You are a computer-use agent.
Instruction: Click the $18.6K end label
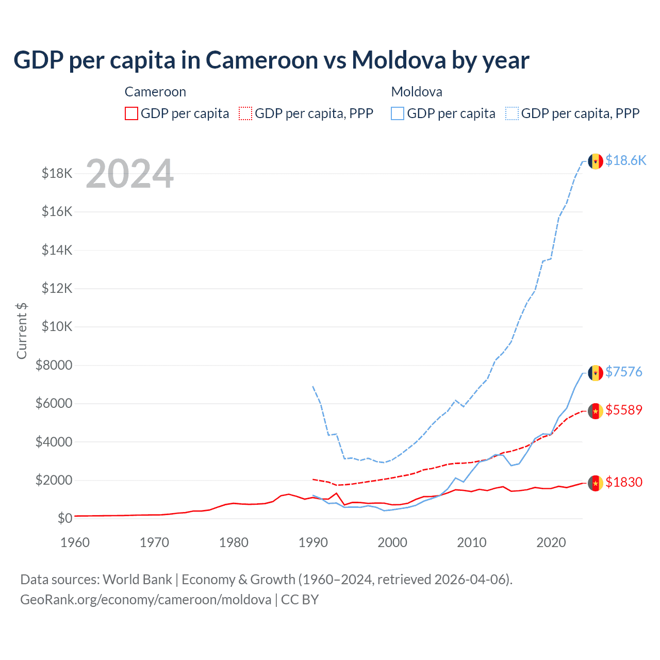coord(625,160)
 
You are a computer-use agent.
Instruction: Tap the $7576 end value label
coord(624,372)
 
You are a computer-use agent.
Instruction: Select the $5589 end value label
coord(624,410)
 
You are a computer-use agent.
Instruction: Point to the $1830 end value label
coord(624,482)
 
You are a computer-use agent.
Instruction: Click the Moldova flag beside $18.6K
coord(596,161)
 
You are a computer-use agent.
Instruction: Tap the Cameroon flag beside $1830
coord(596,483)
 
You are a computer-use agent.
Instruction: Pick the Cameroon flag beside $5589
coord(596,411)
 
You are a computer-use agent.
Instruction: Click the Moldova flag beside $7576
coord(596,373)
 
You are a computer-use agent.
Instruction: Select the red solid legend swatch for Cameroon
coord(131,113)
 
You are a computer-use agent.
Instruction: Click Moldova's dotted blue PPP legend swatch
coord(512,113)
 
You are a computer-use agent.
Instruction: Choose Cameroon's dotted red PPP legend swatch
coord(245,113)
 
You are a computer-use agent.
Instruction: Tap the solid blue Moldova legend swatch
coord(398,113)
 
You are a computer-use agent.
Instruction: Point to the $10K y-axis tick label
coord(57,327)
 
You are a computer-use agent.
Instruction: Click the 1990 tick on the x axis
coord(313,542)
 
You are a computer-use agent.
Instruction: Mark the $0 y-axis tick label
coord(65,518)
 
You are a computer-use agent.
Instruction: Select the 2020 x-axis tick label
coord(551,542)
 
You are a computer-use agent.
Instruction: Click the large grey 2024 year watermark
coord(129,174)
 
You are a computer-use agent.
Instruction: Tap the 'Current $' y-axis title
coord(22,331)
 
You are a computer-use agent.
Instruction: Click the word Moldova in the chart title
coord(399,60)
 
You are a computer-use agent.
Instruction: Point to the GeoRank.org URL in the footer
coord(145,600)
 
